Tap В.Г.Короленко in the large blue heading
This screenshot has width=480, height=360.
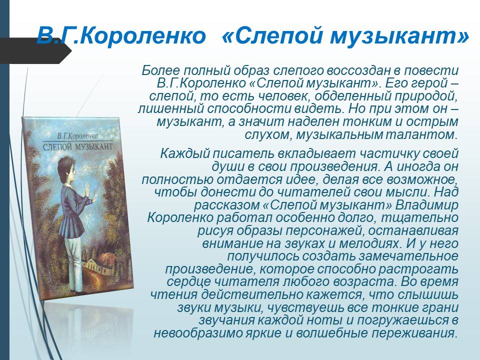tap(121, 35)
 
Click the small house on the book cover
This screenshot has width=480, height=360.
tap(94, 263)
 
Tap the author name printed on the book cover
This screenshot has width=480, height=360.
tap(78, 135)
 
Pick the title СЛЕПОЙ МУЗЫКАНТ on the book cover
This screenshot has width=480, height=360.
tap(78, 146)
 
